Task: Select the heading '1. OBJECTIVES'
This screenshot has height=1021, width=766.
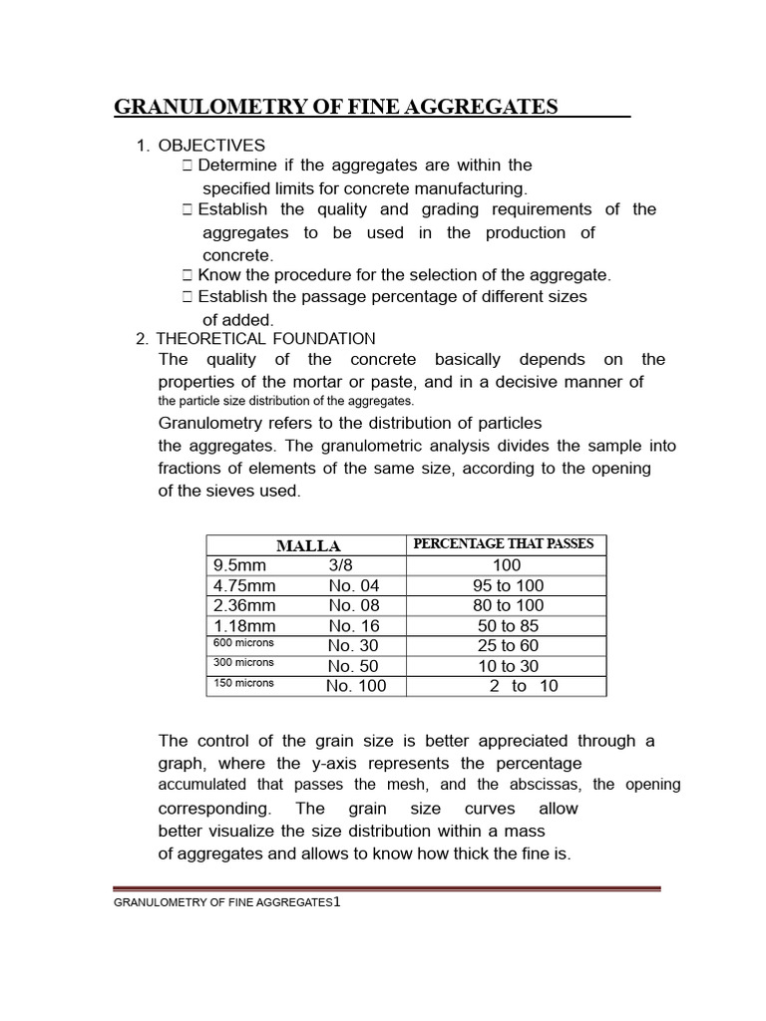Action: pos(200,146)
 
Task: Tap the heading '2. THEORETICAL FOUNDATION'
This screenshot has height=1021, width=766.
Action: pos(255,339)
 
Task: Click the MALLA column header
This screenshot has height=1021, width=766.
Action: pos(308,545)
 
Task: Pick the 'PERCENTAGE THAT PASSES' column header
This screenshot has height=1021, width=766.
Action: pos(504,544)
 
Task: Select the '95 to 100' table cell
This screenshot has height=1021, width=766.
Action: pos(508,585)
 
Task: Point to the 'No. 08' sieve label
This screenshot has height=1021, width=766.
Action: pos(354,605)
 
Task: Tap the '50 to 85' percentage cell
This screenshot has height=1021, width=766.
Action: pos(508,625)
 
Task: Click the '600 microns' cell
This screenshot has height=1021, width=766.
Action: pos(243,644)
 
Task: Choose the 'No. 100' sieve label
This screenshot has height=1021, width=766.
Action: pos(355,685)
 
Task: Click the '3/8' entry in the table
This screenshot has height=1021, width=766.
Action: pos(342,565)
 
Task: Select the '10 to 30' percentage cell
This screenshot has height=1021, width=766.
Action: pos(508,665)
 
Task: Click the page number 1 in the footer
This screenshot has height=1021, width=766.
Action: pos(338,901)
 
